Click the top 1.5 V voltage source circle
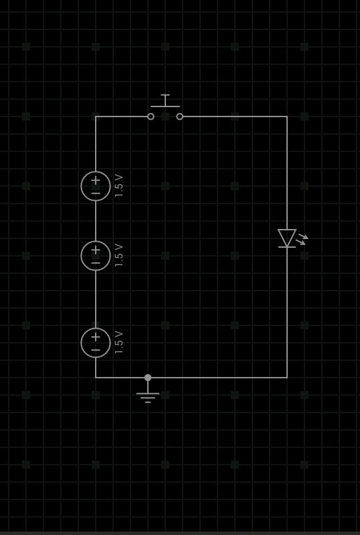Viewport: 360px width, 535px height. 81,186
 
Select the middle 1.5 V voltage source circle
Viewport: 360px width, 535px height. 81,256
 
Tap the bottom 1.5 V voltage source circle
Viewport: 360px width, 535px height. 81,343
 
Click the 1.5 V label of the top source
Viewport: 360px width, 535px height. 118,186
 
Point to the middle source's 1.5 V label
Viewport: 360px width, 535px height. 118,256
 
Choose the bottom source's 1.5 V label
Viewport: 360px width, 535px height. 118,343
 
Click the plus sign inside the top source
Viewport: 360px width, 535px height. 96,180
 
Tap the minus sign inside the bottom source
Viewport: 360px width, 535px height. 96,350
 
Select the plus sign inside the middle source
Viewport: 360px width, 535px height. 96,250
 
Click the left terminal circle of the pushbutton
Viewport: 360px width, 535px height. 151,117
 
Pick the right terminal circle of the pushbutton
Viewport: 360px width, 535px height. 179,117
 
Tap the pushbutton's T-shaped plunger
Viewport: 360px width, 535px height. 165,100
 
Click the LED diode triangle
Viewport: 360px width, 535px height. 287,238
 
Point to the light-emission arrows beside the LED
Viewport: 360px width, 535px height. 302,239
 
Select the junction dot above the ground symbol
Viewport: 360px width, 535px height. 148,378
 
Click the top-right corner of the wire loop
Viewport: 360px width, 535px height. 287,117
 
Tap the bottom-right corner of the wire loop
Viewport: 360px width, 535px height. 287,378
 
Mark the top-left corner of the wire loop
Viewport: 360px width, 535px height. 96,117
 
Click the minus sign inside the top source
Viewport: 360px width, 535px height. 96,194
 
